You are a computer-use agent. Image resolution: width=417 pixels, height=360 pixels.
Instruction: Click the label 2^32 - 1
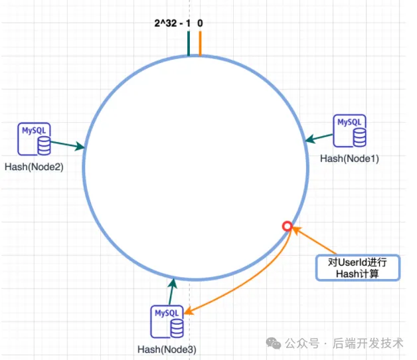tap(171, 24)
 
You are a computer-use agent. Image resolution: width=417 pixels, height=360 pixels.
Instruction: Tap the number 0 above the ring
tap(200, 24)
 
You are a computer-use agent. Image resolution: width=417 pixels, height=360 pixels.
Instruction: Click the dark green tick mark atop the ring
tap(189, 44)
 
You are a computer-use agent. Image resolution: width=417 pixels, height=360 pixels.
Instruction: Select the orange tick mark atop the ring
tap(200, 44)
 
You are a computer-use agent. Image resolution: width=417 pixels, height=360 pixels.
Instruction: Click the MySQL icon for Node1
tap(350, 131)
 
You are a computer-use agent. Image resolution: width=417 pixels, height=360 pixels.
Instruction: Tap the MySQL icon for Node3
tap(168, 322)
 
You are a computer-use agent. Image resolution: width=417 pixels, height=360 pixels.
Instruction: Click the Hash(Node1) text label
tap(349, 159)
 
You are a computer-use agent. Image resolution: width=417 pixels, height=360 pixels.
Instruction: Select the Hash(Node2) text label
tap(34, 167)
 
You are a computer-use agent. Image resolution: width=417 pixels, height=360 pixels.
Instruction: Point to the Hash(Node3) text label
tap(167, 349)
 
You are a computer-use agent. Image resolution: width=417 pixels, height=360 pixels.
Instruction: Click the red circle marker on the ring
tap(287, 226)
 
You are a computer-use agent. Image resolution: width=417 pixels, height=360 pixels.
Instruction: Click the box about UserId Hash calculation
tap(357, 268)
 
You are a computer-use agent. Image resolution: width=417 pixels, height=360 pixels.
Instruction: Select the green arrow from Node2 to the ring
tap(66, 144)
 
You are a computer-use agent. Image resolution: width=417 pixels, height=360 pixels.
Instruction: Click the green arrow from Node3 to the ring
tap(173, 291)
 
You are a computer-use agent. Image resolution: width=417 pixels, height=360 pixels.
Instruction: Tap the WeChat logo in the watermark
tap(273, 343)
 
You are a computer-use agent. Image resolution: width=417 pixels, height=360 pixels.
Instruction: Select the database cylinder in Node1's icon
tap(359, 136)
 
